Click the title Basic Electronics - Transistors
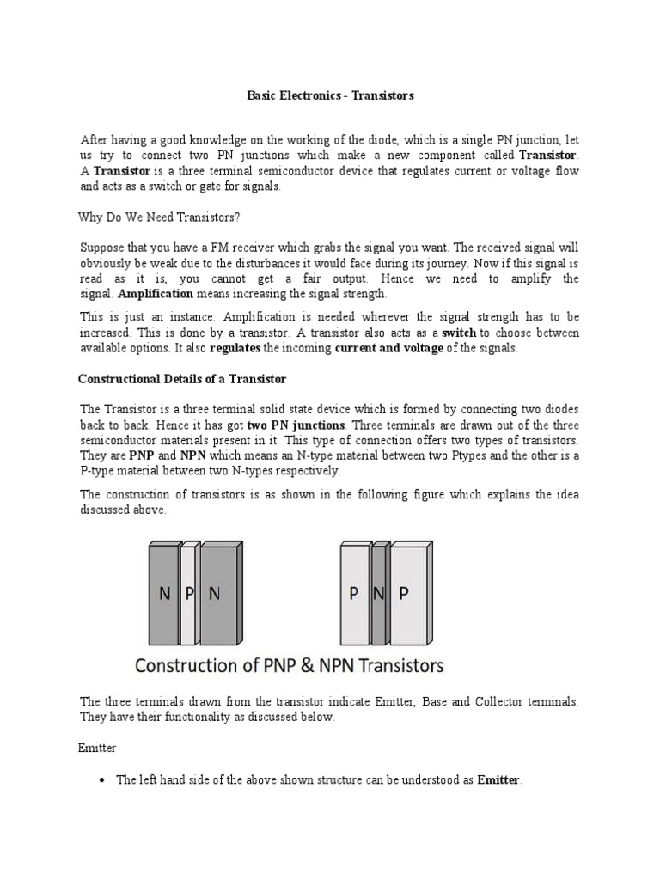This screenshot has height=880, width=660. click(x=330, y=95)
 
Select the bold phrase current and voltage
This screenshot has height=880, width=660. click(x=388, y=348)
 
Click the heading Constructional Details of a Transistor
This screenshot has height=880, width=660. click(x=182, y=378)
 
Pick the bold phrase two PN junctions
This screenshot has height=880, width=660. click(x=296, y=425)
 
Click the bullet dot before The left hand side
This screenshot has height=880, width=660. click(x=102, y=780)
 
